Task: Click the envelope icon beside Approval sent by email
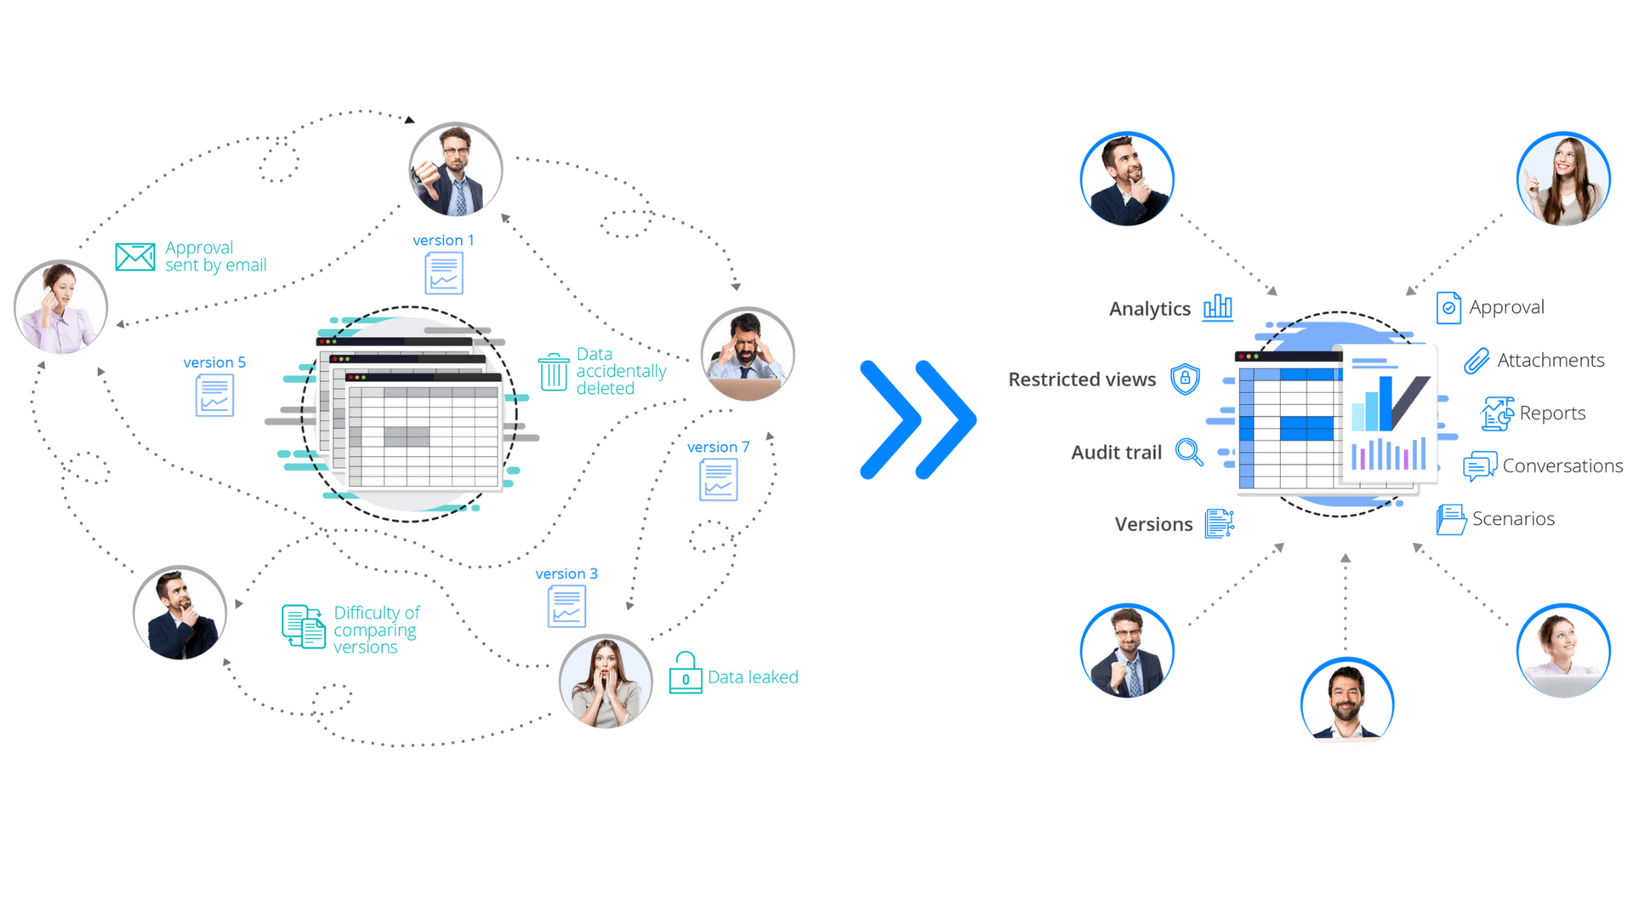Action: point(135,256)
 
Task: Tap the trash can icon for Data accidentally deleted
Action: point(554,372)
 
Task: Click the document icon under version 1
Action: point(444,273)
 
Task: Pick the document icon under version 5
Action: point(214,396)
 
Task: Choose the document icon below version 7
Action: point(719,480)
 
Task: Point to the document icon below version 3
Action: point(567,607)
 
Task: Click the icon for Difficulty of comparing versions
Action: point(304,627)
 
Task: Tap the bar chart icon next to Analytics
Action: point(1218,307)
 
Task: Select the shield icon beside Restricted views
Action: point(1185,379)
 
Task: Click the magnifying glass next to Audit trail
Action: point(1189,452)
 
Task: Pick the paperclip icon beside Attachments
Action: point(1477,361)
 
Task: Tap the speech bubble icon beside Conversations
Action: point(1480,466)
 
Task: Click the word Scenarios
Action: point(1513,519)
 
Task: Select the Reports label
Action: point(1552,414)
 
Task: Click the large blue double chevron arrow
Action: point(918,420)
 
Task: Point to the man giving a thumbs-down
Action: point(456,169)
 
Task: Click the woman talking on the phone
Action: point(60,307)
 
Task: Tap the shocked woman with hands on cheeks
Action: point(606,682)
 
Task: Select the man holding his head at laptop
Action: point(748,354)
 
